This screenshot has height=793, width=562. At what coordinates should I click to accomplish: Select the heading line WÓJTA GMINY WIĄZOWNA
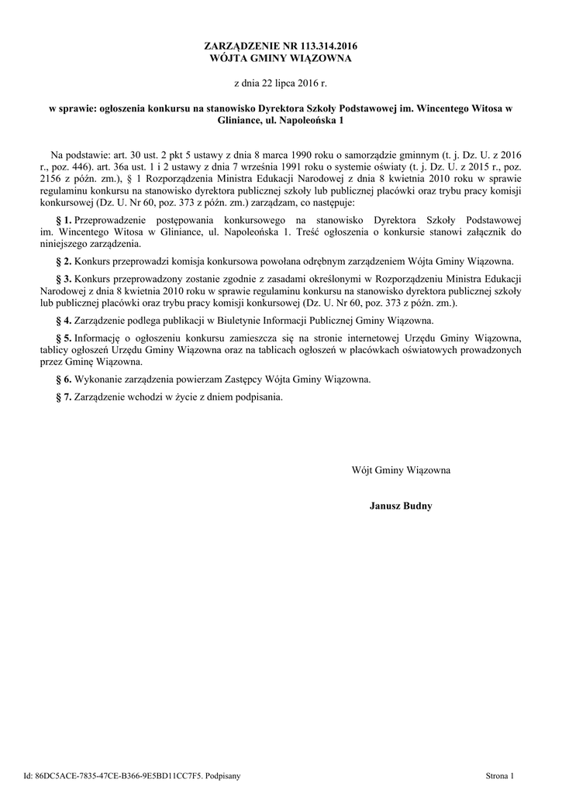(281, 58)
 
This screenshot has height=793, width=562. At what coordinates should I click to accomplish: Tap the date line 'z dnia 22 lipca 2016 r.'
(281, 82)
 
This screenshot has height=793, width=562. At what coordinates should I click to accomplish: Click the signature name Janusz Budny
(401, 506)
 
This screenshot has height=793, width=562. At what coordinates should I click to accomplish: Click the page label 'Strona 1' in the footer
(500, 774)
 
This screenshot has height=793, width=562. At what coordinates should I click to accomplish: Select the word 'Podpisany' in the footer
(224, 774)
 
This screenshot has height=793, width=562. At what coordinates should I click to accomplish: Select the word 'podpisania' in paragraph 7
(260, 397)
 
